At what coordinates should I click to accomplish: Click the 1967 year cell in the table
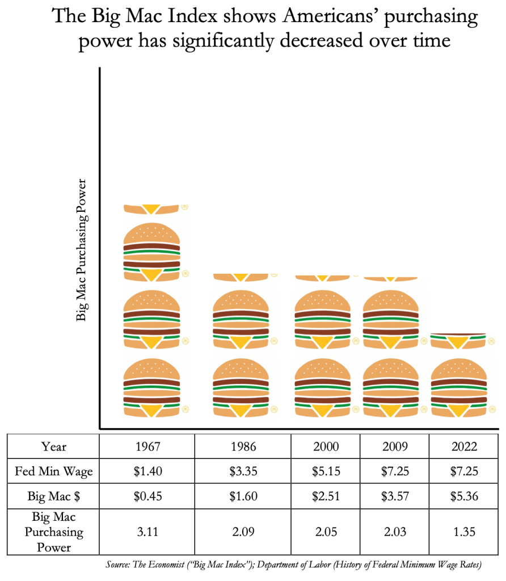tap(147, 446)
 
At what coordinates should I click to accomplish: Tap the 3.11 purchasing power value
tap(147, 533)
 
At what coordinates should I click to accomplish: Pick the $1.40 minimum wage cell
tap(147, 471)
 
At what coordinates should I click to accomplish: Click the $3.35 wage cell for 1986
tap(243, 471)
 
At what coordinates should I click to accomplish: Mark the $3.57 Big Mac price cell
tap(395, 496)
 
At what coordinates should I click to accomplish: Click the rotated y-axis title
tap(82, 250)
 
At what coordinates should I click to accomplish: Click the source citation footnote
tap(293, 565)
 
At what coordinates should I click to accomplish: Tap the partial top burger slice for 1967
tap(151, 209)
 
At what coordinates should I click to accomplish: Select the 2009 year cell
tap(395, 446)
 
